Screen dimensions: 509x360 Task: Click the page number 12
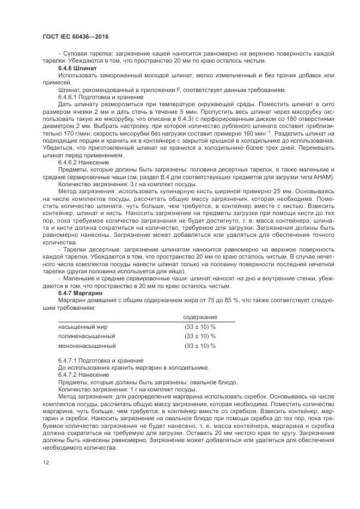point(45,462)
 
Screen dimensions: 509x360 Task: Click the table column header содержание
point(200,317)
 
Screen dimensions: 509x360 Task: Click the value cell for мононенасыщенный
point(200,346)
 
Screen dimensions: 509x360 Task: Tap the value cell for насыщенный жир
point(200,327)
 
